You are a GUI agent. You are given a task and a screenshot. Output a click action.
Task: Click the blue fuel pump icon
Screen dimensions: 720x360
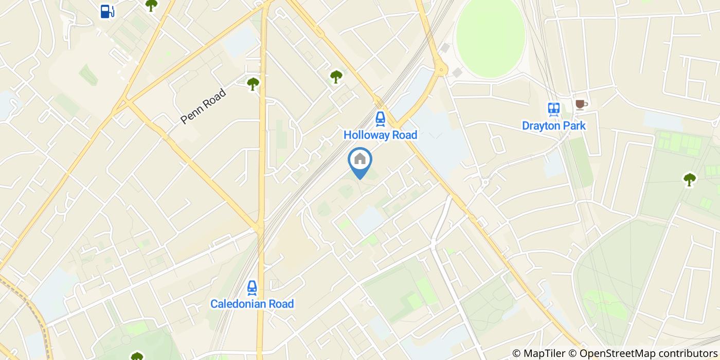107,11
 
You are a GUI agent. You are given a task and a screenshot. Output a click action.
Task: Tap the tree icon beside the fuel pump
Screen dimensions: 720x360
151,5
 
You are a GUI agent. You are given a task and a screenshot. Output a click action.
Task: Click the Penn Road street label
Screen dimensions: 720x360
203,106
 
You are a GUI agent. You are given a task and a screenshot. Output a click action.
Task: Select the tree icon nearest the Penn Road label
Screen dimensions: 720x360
253,83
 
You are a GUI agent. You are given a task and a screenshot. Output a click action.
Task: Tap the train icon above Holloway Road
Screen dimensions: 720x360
380,119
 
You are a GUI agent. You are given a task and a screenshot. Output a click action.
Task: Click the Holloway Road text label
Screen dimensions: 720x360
380,135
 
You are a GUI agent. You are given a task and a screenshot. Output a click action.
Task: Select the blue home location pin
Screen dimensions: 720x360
360,160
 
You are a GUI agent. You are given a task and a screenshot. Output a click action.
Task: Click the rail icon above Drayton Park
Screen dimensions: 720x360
553,109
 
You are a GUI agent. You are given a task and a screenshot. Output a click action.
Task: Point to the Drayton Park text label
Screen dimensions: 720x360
553,125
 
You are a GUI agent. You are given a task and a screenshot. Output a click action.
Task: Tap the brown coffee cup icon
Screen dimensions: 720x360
580,104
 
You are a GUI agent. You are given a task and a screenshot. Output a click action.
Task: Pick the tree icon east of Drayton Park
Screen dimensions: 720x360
689,179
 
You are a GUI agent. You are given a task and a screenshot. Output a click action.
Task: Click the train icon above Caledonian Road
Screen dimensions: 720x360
252,287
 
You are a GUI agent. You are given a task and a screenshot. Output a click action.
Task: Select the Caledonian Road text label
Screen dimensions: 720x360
252,304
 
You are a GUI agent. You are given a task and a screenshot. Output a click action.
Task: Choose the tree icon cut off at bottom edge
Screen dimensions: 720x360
137,356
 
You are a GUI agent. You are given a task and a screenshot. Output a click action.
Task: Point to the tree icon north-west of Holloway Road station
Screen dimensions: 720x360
336,77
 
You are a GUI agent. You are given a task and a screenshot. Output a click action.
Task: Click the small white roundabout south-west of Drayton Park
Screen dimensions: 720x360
484,182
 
